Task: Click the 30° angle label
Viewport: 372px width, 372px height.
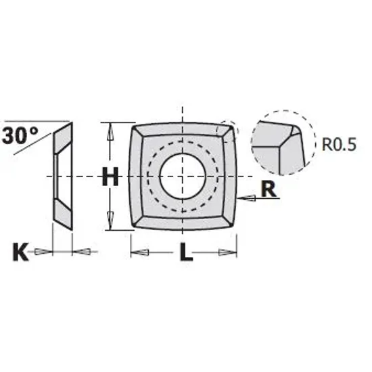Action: [20, 134]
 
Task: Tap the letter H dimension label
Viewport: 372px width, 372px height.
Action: [110, 177]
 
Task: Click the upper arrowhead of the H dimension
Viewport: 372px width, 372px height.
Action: [109, 129]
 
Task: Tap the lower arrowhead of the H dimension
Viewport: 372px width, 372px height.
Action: [109, 223]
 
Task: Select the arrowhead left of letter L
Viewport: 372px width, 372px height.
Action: [140, 253]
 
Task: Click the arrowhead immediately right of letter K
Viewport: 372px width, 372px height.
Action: [83, 252]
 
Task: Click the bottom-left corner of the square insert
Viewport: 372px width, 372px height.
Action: [135, 227]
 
